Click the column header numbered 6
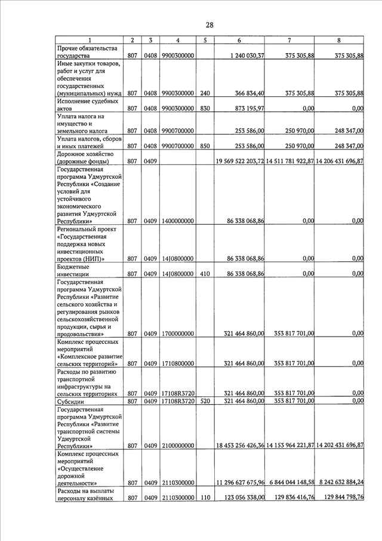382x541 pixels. click(x=239, y=40)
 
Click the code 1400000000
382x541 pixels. click(x=177, y=221)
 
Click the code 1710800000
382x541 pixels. click(x=177, y=363)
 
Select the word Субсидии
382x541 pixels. click(x=72, y=401)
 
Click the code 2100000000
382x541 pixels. click(x=177, y=446)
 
